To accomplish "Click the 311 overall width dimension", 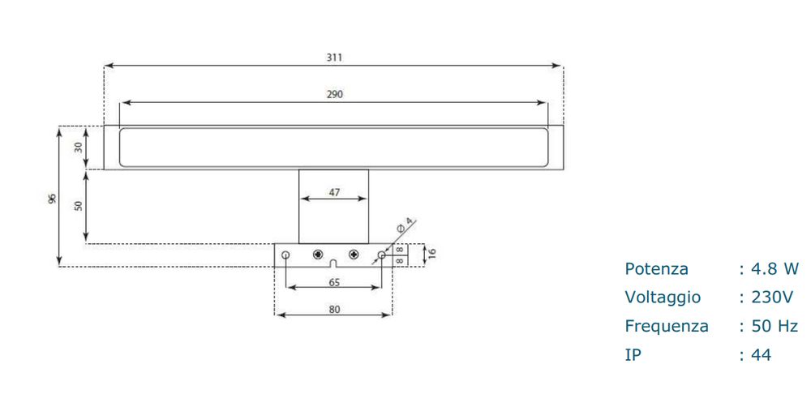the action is pyautogui.click(x=334, y=57).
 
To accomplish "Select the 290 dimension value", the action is pyautogui.click(x=335, y=94).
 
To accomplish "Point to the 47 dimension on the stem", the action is pyautogui.click(x=335, y=192).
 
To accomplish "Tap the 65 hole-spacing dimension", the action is pyautogui.click(x=335, y=282).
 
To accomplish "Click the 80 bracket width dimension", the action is pyautogui.click(x=335, y=309).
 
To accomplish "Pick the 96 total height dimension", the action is pyautogui.click(x=52, y=199).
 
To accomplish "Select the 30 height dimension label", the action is pyautogui.click(x=78, y=148).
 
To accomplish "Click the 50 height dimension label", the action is pyautogui.click(x=78, y=206).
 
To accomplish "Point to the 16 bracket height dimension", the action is pyautogui.click(x=432, y=254).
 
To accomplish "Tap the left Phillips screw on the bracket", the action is pyautogui.click(x=318, y=254).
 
